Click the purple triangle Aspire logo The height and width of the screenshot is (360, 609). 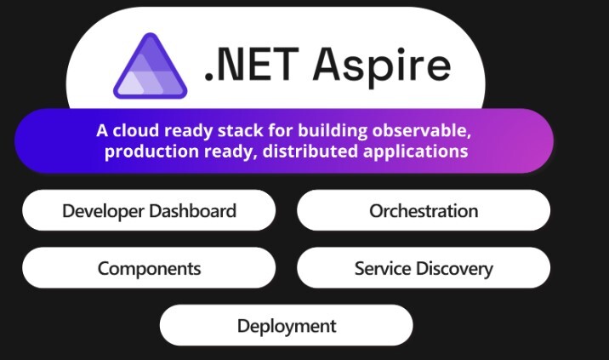(151, 66)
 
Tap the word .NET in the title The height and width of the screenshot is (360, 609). (252, 65)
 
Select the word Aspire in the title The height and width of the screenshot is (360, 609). (382, 67)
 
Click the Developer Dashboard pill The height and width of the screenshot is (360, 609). (149, 210)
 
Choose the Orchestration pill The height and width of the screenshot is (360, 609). (424, 210)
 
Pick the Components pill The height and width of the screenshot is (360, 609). (149, 268)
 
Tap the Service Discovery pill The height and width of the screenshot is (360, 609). (424, 268)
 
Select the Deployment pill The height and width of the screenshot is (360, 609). (287, 325)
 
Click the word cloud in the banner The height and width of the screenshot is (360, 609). (136, 130)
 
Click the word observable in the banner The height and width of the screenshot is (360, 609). (421, 130)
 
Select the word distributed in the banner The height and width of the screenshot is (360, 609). (310, 151)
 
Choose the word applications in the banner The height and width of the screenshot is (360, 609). (416, 151)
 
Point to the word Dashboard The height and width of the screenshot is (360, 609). (192, 211)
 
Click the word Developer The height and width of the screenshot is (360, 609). (104, 212)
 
